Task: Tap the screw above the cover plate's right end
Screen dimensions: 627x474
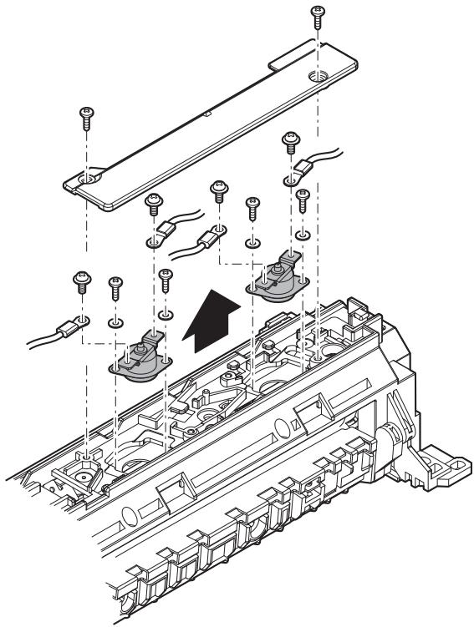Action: click(x=317, y=18)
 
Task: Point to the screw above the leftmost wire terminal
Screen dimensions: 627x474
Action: click(x=82, y=281)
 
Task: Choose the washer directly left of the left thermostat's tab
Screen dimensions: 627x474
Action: click(x=116, y=321)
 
